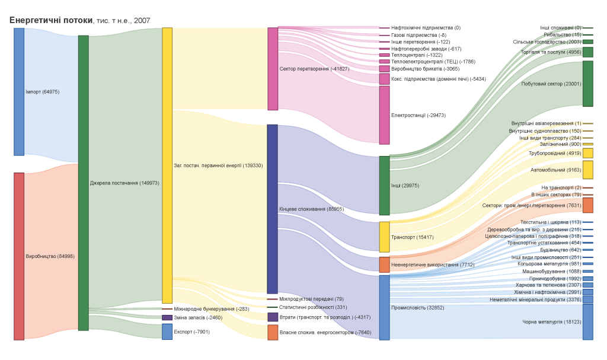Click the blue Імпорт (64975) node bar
(x=19, y=91)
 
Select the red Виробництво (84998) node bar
(x=19, y=256)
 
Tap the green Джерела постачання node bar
(x=83, y=183)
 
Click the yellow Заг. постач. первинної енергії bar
(x=167, y=165)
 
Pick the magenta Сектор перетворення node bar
(x=273, y=69)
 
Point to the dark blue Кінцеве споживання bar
(x=273, y=209)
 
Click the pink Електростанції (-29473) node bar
(x=384, y=115)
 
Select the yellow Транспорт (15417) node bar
(x=384, y=237)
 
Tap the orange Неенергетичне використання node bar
(x=384, y=265)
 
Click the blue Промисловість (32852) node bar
(x=384, y=307)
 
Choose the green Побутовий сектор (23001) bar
(x=587, y=84)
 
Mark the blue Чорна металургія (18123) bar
(x=587, y=321)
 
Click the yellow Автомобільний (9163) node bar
(x=587, y=170)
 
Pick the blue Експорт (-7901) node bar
(x=167, y=332)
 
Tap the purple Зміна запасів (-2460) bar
(x=167, y=317)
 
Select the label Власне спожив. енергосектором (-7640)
(x=325, y=332)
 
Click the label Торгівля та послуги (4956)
(x=551, y=52)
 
